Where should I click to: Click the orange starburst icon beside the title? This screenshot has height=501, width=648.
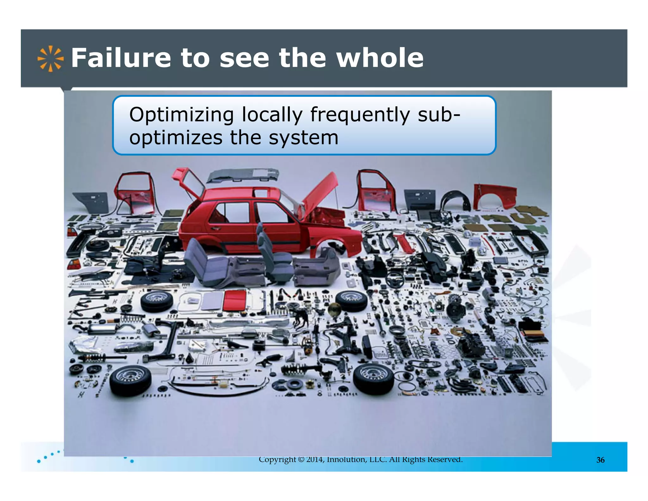[x=50, y=59]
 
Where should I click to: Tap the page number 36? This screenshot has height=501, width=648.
[x=600, y=460]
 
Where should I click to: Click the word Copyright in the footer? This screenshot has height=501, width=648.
[x=277, y=460]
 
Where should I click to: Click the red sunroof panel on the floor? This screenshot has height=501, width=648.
[x=235, y=300]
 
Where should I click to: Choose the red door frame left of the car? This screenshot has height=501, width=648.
[x=134, y=193]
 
